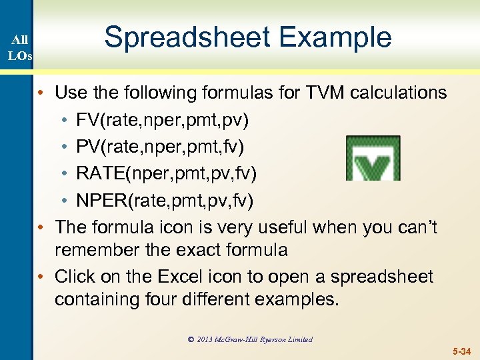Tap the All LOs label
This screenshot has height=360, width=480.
point(19,47)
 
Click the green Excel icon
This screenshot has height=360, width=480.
point(373,158)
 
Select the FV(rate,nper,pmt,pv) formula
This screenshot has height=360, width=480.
point(163,120)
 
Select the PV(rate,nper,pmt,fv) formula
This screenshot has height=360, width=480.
point(162,147)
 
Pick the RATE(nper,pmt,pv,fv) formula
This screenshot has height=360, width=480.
point(166,173)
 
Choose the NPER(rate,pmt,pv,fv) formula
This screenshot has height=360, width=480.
point(165,200)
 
